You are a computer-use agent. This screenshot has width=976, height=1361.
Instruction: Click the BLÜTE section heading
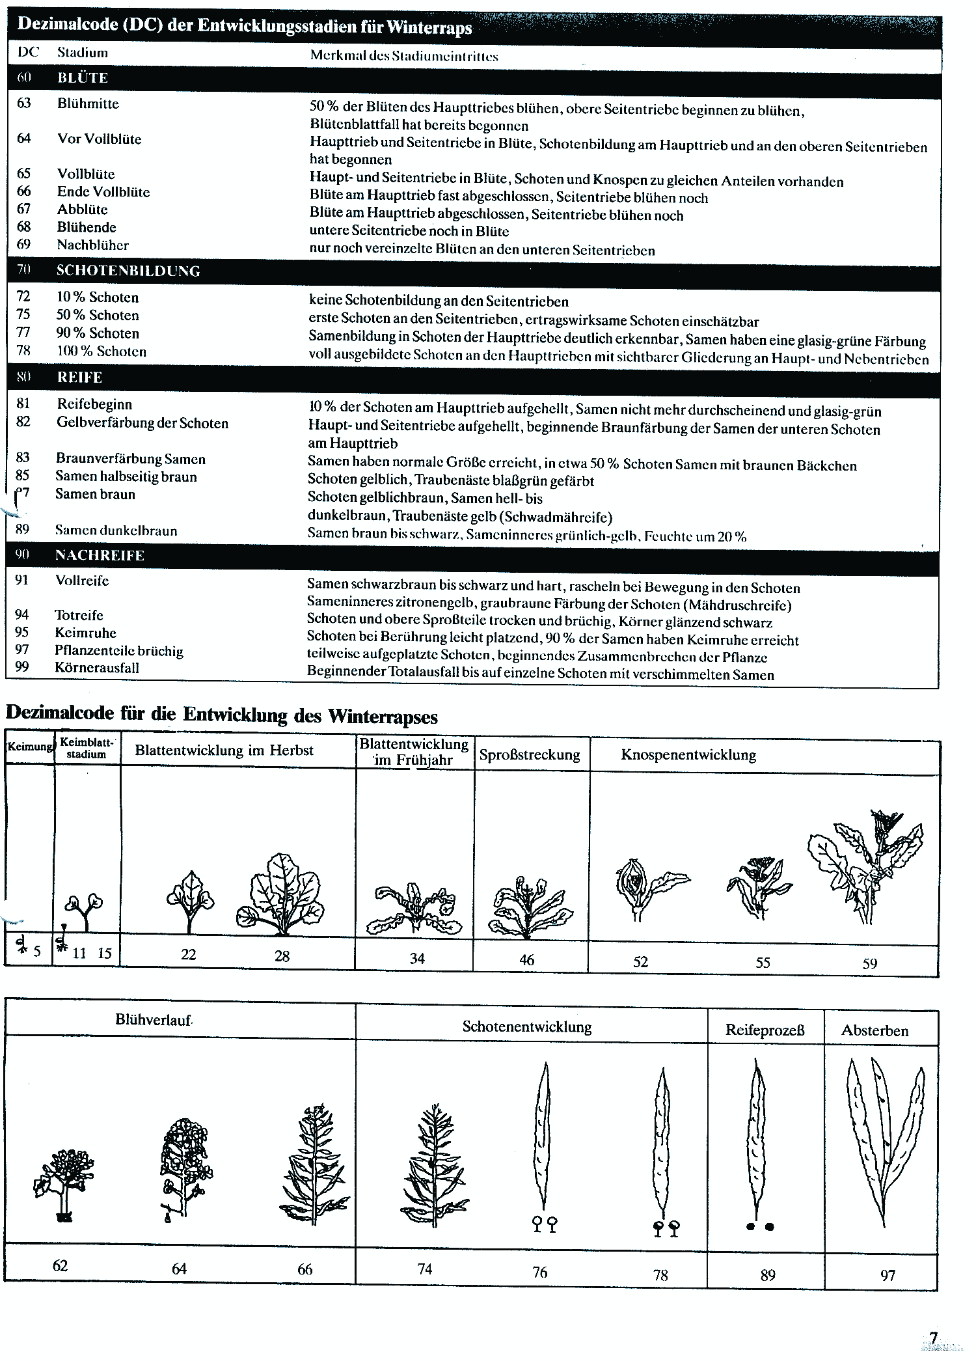click(x=83, y=78)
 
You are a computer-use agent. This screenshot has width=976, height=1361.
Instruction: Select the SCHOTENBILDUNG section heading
click(x=128, y=271)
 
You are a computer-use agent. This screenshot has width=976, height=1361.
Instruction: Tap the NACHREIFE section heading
click(x=100, y=556)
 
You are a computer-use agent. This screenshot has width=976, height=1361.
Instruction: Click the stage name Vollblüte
click(x=86, y=174)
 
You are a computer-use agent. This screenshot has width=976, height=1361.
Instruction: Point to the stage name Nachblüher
click(x=93, y=245)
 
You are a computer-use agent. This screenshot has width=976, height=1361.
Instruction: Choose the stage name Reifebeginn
click(x=94, y=404)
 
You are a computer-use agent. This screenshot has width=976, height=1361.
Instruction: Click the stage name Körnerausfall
click(x=97, y=668)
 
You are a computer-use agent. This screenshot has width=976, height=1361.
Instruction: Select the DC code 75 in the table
click(x=23, y=315)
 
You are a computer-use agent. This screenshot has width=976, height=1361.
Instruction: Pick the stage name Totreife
click(x=79, y=615)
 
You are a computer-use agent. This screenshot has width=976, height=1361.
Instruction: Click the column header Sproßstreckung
click(x=530, y=755)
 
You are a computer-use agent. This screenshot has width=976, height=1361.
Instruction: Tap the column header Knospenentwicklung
click(x=688, y=755)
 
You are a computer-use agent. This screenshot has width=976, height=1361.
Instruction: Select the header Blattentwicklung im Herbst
click(x=224, y=750)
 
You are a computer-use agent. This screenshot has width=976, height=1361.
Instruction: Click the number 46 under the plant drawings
click(x=527, y=960)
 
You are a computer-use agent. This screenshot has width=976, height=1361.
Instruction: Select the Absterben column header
click(x=875, y=1031)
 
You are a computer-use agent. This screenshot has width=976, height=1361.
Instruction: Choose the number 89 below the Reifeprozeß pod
click(x=768, y=1275)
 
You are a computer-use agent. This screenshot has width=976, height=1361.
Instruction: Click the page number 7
click(x=934, y=1338)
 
